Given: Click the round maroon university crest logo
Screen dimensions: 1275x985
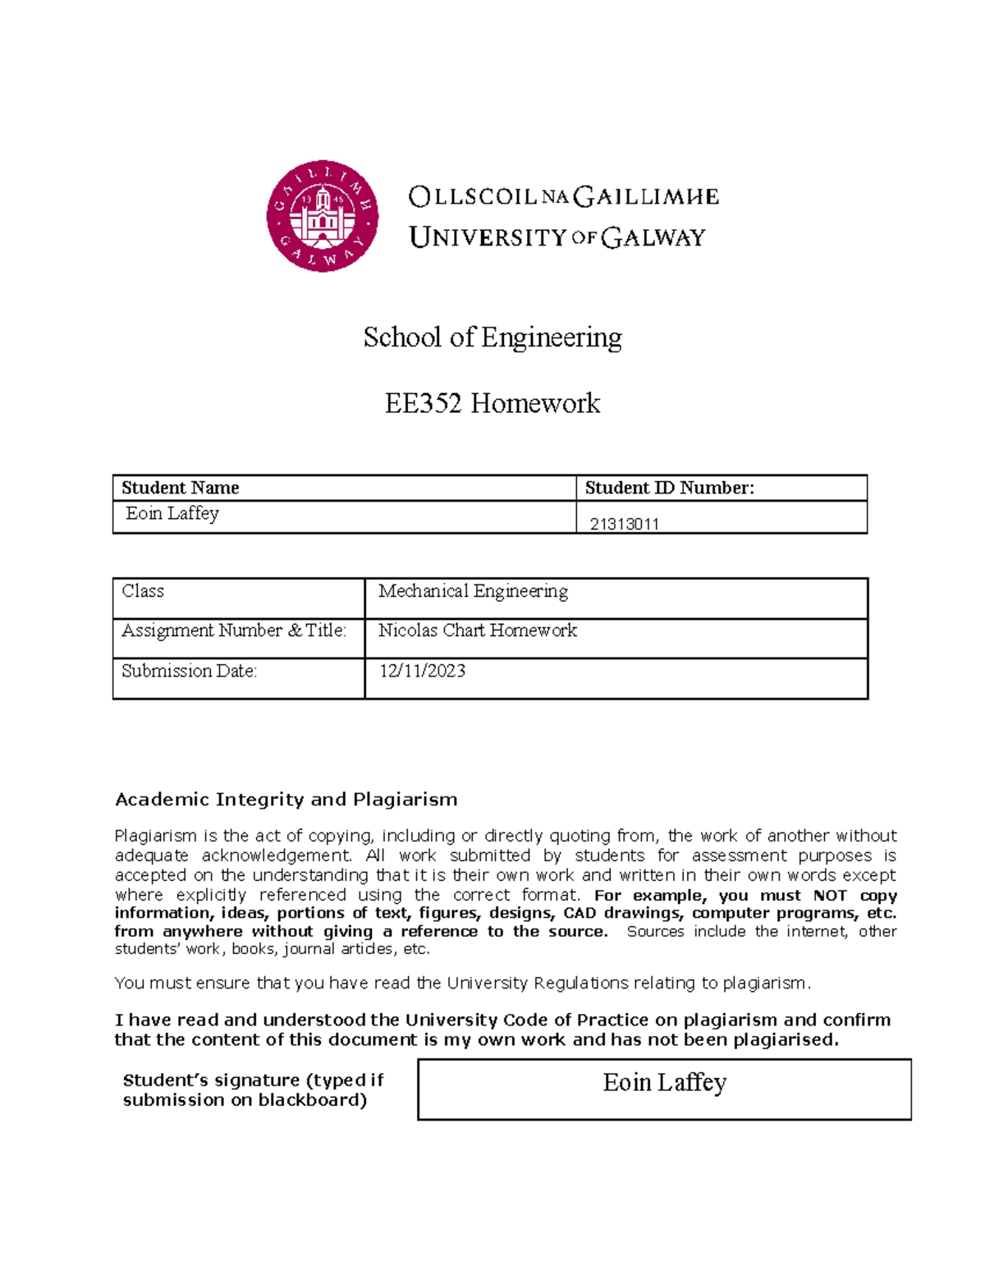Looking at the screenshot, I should tap(323, 216).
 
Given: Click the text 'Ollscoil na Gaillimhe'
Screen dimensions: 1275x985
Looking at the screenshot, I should tap(563, 197).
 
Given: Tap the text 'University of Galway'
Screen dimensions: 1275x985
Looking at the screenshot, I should tap(557, 238).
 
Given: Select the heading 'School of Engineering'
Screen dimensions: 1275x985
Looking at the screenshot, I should tap(492, 337).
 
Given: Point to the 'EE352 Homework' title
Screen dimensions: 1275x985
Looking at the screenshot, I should tap(492, 403).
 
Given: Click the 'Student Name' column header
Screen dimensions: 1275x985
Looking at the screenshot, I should tap(181, 488).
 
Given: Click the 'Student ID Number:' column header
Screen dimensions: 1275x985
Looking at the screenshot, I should tap(669, 488).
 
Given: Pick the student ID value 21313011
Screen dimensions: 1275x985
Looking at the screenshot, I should tap(624, 524).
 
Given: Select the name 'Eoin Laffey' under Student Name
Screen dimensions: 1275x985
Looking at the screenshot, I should tap(172, 514).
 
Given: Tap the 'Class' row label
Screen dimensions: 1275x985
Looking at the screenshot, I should tap(143, 591).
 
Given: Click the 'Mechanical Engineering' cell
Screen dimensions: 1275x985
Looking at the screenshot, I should tap(473, 591).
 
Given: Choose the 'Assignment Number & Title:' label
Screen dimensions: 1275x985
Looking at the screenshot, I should tap(234, 631).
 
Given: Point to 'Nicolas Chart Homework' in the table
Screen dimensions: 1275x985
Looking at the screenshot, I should tap(478, 631).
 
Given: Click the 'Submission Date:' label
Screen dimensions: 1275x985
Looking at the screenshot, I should tap(190, 671).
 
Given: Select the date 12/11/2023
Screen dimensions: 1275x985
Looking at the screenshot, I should tap(422, 671).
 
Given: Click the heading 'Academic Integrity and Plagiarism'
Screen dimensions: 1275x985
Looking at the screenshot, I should tap(286, 800).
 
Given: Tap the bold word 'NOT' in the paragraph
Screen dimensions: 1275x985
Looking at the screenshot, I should tap(830, 895).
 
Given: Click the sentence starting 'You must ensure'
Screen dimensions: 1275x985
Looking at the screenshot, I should tap(462, 983).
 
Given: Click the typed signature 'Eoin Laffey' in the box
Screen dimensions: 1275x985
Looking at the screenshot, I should tap(665, 1083).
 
